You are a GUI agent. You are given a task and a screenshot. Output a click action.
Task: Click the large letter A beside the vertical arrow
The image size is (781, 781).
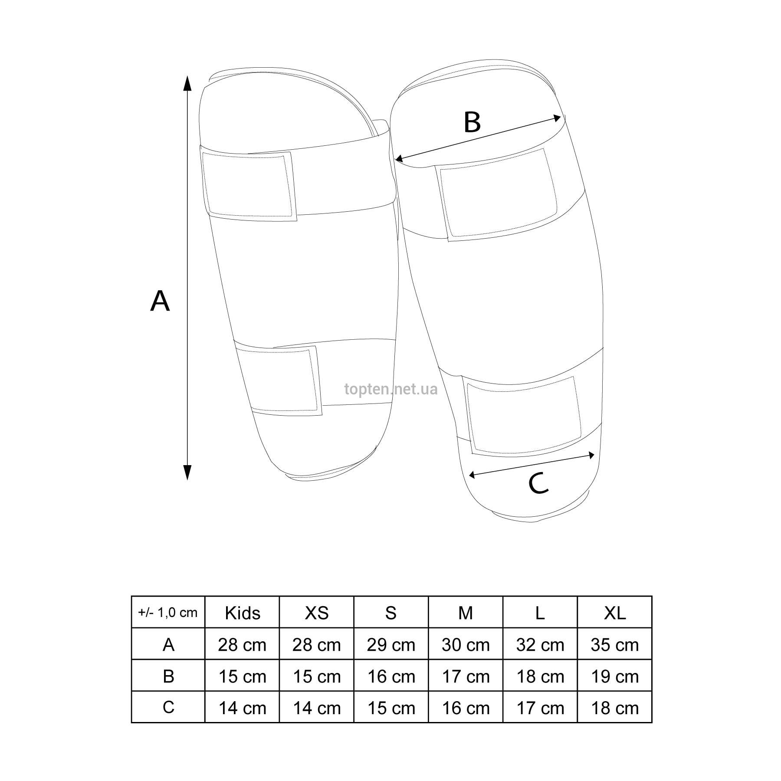point(160,301)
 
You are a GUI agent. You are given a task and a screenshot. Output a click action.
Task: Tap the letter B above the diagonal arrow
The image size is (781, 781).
point(472,122)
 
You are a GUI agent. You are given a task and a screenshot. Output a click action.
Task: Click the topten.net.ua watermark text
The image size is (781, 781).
point(391,389)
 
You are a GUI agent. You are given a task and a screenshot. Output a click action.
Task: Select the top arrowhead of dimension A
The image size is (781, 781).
point(187,83)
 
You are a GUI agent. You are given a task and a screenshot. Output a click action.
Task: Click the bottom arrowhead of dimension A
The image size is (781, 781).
point(187,473)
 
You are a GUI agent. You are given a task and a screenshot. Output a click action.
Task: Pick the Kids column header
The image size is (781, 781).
point(243,613)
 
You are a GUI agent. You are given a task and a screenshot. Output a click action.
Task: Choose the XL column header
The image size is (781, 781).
point(615,613)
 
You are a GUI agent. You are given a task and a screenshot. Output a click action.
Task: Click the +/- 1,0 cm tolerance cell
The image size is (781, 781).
point(168,612)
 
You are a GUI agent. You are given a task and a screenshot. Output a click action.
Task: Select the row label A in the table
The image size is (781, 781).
point(168,645)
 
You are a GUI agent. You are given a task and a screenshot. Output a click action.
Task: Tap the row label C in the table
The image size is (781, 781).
point(168,708)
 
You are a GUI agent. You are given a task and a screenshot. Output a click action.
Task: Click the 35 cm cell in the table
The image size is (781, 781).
point(615,645)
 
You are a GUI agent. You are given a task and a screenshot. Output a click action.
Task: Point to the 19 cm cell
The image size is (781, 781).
point(615,676)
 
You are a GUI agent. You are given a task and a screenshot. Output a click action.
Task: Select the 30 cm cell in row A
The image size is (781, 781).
point(466,645)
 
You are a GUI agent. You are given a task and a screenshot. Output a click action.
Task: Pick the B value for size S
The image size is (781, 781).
point(391,676)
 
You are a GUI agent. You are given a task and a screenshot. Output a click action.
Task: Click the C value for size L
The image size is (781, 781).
point(540,708)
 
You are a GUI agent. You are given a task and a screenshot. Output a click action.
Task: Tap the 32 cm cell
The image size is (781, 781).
point(540,645)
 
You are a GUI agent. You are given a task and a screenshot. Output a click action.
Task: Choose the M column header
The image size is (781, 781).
point(466,613)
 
